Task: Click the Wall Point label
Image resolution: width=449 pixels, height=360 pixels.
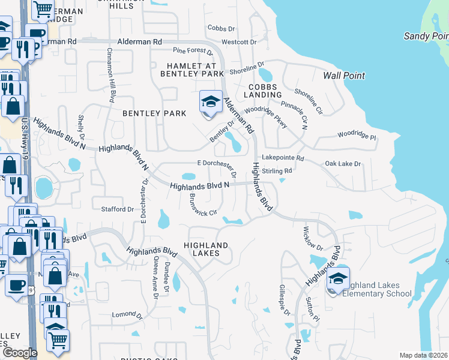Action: [343, 76]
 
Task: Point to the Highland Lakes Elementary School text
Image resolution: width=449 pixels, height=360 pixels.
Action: [374, 289]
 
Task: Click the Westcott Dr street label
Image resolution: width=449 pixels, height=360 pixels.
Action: [239, 43]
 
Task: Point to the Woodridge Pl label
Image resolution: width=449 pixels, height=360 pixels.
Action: [356, 136]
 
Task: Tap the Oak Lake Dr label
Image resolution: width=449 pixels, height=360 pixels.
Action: [343, 163]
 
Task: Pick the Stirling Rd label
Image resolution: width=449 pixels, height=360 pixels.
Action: [277, 171]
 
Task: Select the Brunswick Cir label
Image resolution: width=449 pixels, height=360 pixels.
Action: [202, 206]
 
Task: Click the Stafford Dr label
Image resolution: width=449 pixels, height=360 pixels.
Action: [118, 209]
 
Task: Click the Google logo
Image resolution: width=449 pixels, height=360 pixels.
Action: [20, 353]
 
